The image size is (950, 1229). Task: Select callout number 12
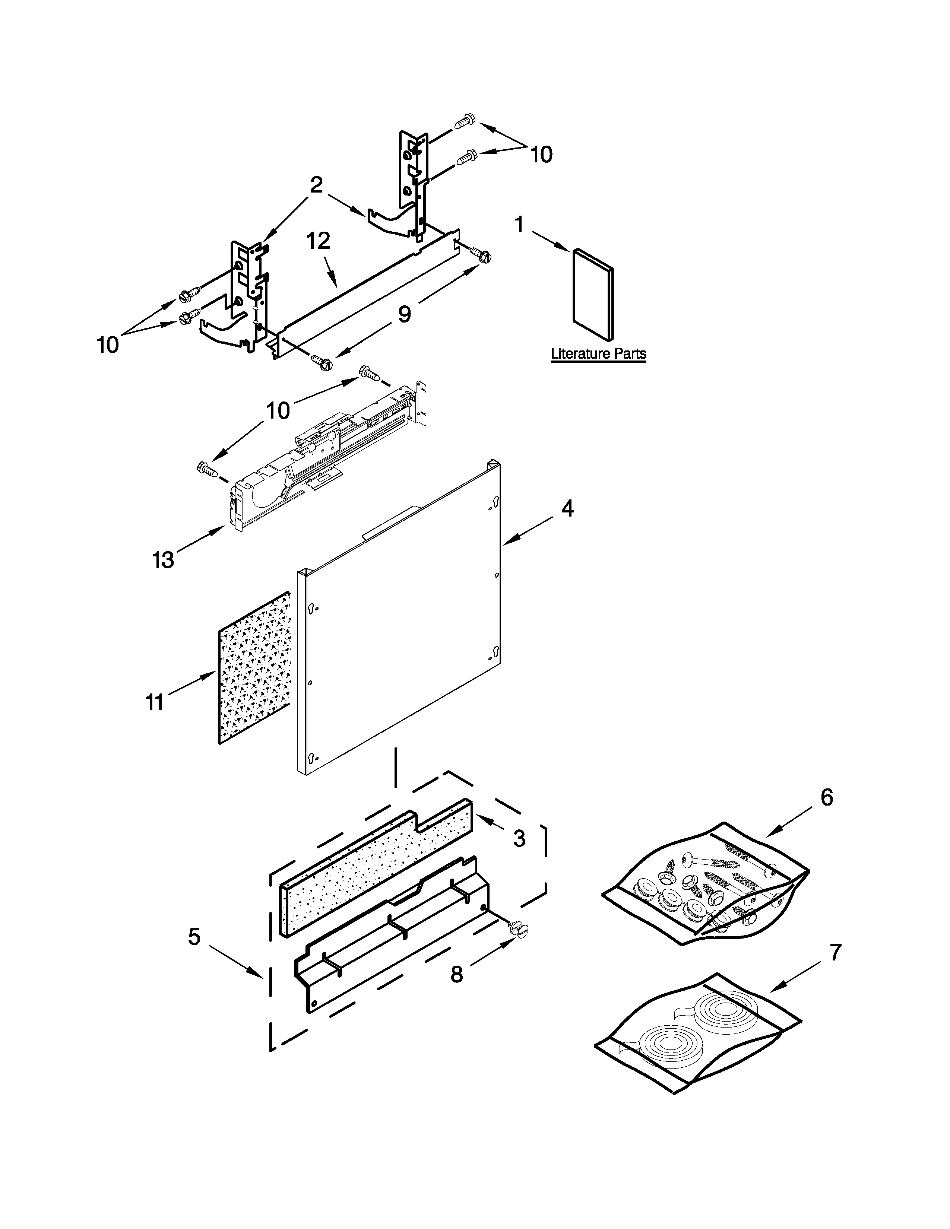click(318, 241)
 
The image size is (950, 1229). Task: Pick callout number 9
click(404, 314)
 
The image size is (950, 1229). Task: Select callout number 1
click(519, 225)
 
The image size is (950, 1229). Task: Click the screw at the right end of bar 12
click(481, 255)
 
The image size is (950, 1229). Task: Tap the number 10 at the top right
click(541, 154)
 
